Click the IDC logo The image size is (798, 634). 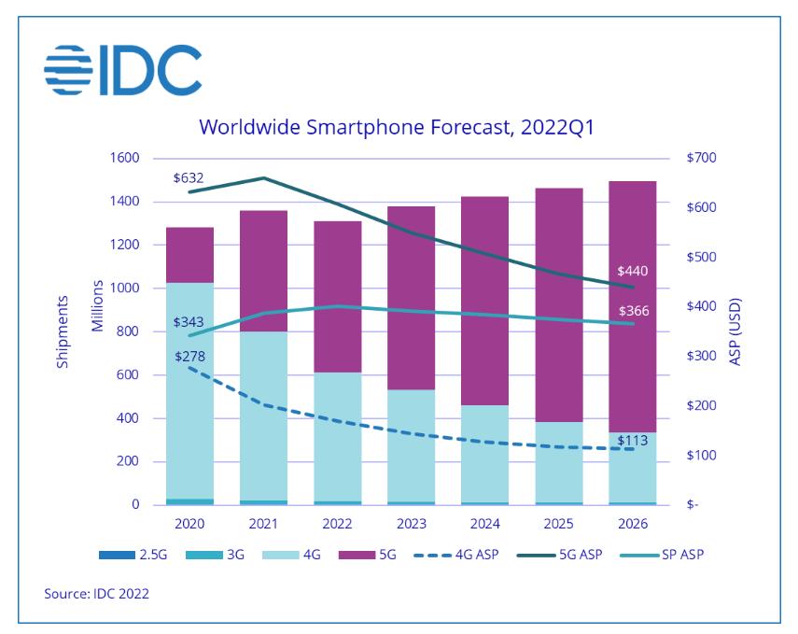coord(122,69)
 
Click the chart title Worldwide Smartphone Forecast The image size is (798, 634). coord(397,128)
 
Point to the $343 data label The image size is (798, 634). coord(189,322)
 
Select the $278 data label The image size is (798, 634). coord(189,356)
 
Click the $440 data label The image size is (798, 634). coord(635,272)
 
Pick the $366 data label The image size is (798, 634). coord(635,310)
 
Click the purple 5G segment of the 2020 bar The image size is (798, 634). coord(189,254)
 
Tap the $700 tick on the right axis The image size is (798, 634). coord(700,159)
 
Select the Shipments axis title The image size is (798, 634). coord(63,331)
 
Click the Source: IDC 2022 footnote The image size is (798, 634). coord(96,593)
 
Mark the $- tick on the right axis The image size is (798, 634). coord(692,505)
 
